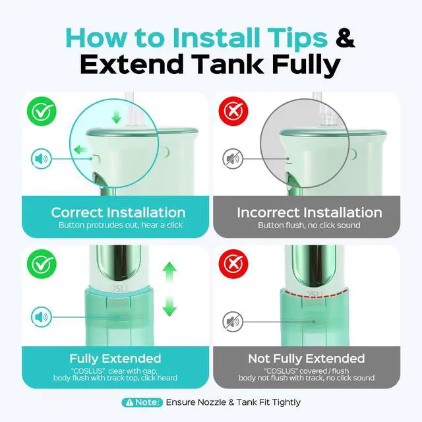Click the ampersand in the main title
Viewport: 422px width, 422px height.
coord(346,38)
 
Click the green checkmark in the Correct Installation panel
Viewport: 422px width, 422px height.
coord(42,111)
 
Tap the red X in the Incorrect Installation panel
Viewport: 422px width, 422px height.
coord(233,111)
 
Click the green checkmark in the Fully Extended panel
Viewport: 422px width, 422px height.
coord(42,264)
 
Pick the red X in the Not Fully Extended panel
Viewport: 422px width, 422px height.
coord(233,264)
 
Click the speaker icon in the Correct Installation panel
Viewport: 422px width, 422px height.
coord(42,159)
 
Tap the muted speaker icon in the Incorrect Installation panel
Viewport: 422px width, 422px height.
coord(233,159)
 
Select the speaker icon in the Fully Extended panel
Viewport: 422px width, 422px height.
coord(42,317)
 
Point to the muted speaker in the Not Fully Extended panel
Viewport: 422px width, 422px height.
coord(233,322)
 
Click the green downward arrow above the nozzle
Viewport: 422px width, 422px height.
coord(117,117)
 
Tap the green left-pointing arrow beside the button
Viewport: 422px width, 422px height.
coord(80,150)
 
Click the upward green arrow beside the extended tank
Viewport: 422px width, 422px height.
coord(169,271)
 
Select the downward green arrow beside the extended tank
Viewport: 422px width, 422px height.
coord(169,306)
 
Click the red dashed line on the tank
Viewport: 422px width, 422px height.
coord(315,294)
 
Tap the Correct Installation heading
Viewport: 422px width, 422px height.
coord(118,212)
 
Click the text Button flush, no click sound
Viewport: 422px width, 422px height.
coord(309,226)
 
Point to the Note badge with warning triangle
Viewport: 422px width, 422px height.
coord(142,402)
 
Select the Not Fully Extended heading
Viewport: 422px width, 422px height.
coord(307,359)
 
